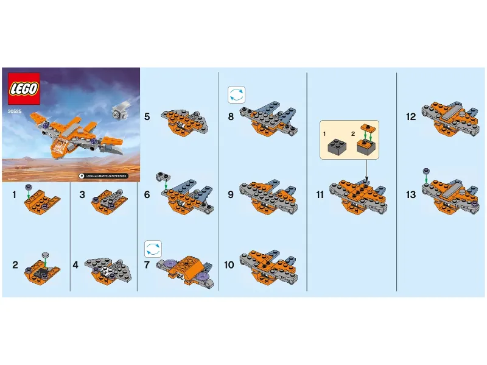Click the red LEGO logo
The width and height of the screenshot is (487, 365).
(24, 88)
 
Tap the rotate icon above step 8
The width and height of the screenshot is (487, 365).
(236, 94)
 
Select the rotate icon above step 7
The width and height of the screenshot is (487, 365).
(152, 248)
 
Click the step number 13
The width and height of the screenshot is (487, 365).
(411, 195)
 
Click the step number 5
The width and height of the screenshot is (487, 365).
(147, 115)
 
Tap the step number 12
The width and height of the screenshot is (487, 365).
(411, 116)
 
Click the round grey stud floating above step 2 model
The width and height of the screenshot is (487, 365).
(44, 254)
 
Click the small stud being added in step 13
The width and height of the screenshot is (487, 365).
(426, 171)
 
